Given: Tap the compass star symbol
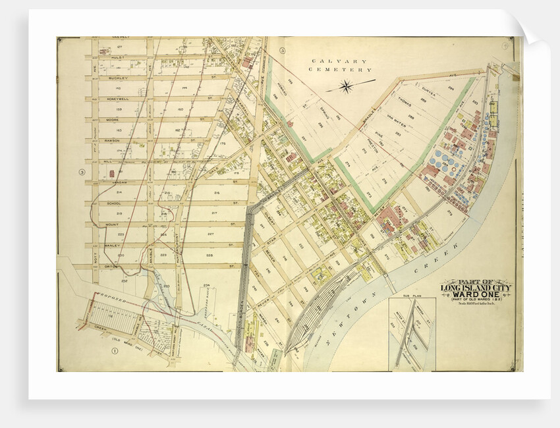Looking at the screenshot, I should click(x=347, y=86).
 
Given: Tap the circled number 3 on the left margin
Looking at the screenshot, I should click(x=82, y=173).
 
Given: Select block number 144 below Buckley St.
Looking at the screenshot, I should click(x=184, y=88).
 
